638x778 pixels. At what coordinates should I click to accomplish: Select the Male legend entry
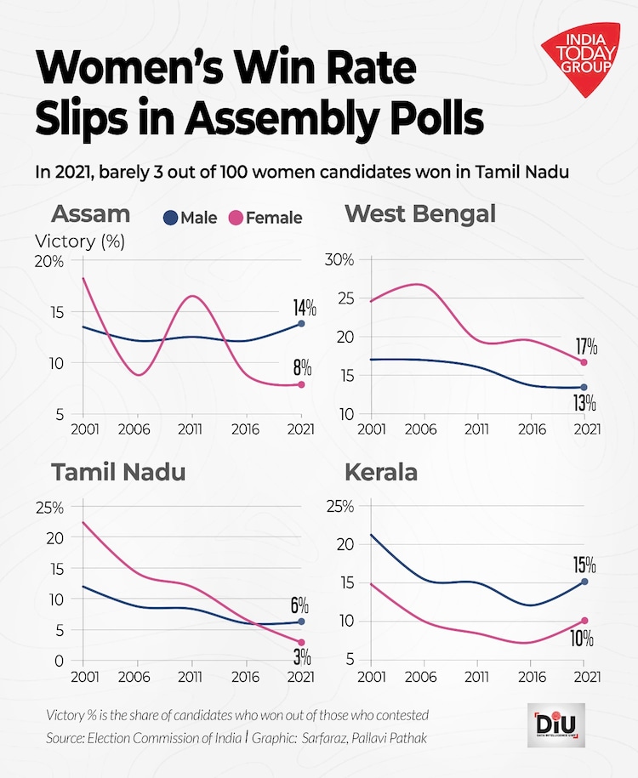point(191,218)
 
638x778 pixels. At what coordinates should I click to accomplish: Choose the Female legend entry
point(265,218)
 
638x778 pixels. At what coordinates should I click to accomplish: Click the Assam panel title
point(91,213)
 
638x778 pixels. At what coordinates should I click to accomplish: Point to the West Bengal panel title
point(419,213)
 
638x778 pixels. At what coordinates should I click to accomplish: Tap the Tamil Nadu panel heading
point(118,472)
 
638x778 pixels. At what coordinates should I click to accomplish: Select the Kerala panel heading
point(380,472)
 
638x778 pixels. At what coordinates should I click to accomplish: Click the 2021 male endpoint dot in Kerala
point(584,582)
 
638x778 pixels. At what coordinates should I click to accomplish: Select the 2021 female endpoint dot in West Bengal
point(584,362)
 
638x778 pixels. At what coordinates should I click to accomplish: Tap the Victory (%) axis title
point(80,241)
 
